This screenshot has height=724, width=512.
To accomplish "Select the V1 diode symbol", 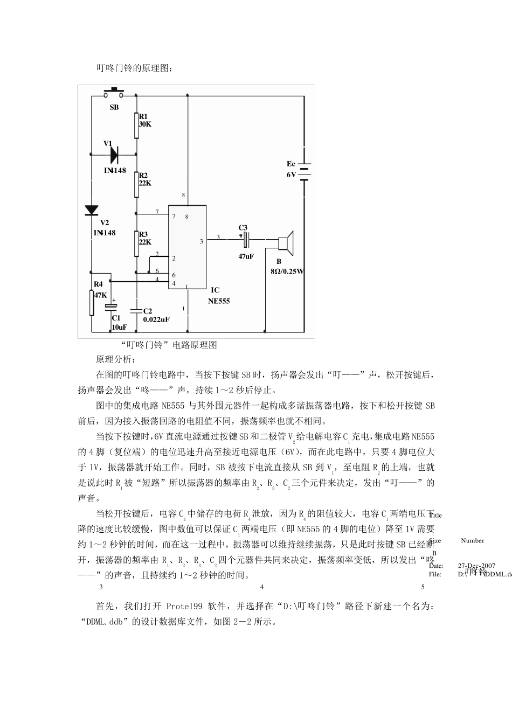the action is click(x=113, y=155).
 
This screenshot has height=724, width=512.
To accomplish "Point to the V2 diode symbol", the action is click(x=92, y=211).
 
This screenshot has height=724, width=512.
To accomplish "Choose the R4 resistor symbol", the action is click(x=92, y=303).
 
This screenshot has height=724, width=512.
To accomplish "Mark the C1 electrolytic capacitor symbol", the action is click(x=110, y=308).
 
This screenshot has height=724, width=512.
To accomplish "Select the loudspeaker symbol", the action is click(x=286, y=242).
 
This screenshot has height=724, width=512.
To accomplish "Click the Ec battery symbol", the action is click(x=304, y=170).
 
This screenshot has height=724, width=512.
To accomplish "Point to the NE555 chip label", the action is click(x=219, y=301).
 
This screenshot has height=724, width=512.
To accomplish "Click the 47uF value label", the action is click(x=246, y=256).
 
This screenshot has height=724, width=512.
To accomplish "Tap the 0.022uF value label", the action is click(x=156, y=319).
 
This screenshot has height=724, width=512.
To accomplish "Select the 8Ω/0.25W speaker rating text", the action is click(x=287, y=271).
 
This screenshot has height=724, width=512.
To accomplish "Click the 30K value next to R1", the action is click(x=146, y=124).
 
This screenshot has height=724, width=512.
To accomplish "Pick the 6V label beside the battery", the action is click(x=291, y=175).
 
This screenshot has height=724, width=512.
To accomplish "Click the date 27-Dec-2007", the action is click(x=476, y=566).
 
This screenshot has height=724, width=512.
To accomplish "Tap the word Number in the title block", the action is click(x=472, y=540).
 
